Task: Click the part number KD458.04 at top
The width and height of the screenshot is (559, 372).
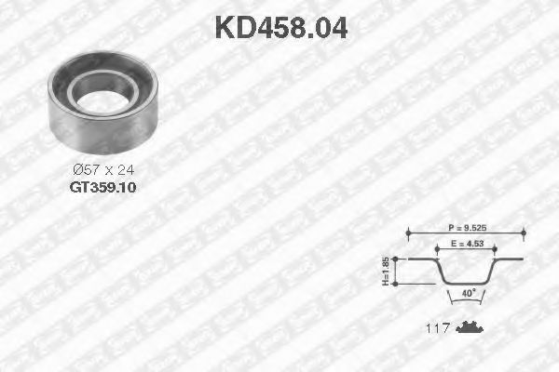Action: pyautogui.click(x=280, y=28)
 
